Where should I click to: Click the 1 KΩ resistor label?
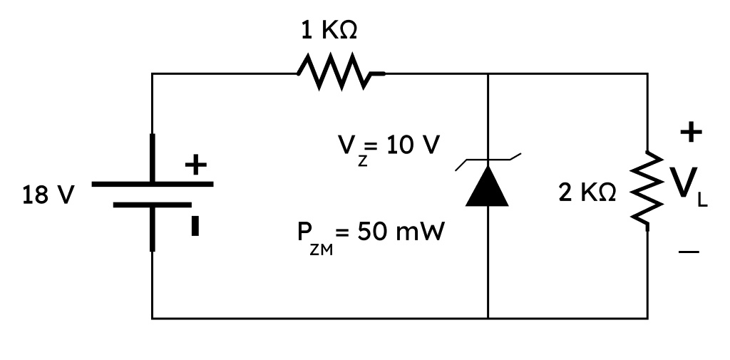coord(329,31)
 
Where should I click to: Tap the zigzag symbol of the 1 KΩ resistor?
coord(341,72)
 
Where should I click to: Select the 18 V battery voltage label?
coord(48,195)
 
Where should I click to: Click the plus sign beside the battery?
coord(195,165)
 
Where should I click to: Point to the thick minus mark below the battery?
coord(195,226)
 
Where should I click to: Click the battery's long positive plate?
coord(153,184)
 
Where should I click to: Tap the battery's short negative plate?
coord(153,205)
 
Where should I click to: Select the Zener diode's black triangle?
coord(488,186)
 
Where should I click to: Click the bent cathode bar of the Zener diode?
coord(488,160)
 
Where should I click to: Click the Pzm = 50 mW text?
coord(371,235)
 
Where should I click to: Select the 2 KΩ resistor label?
coord(587,192)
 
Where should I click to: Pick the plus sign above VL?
coord(691,133)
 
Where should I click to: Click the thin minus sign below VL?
coord(689,252)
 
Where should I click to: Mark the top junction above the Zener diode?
coord(488,73)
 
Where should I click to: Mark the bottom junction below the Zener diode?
coord(488,319)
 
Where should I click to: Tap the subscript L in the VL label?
coord(702,200)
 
